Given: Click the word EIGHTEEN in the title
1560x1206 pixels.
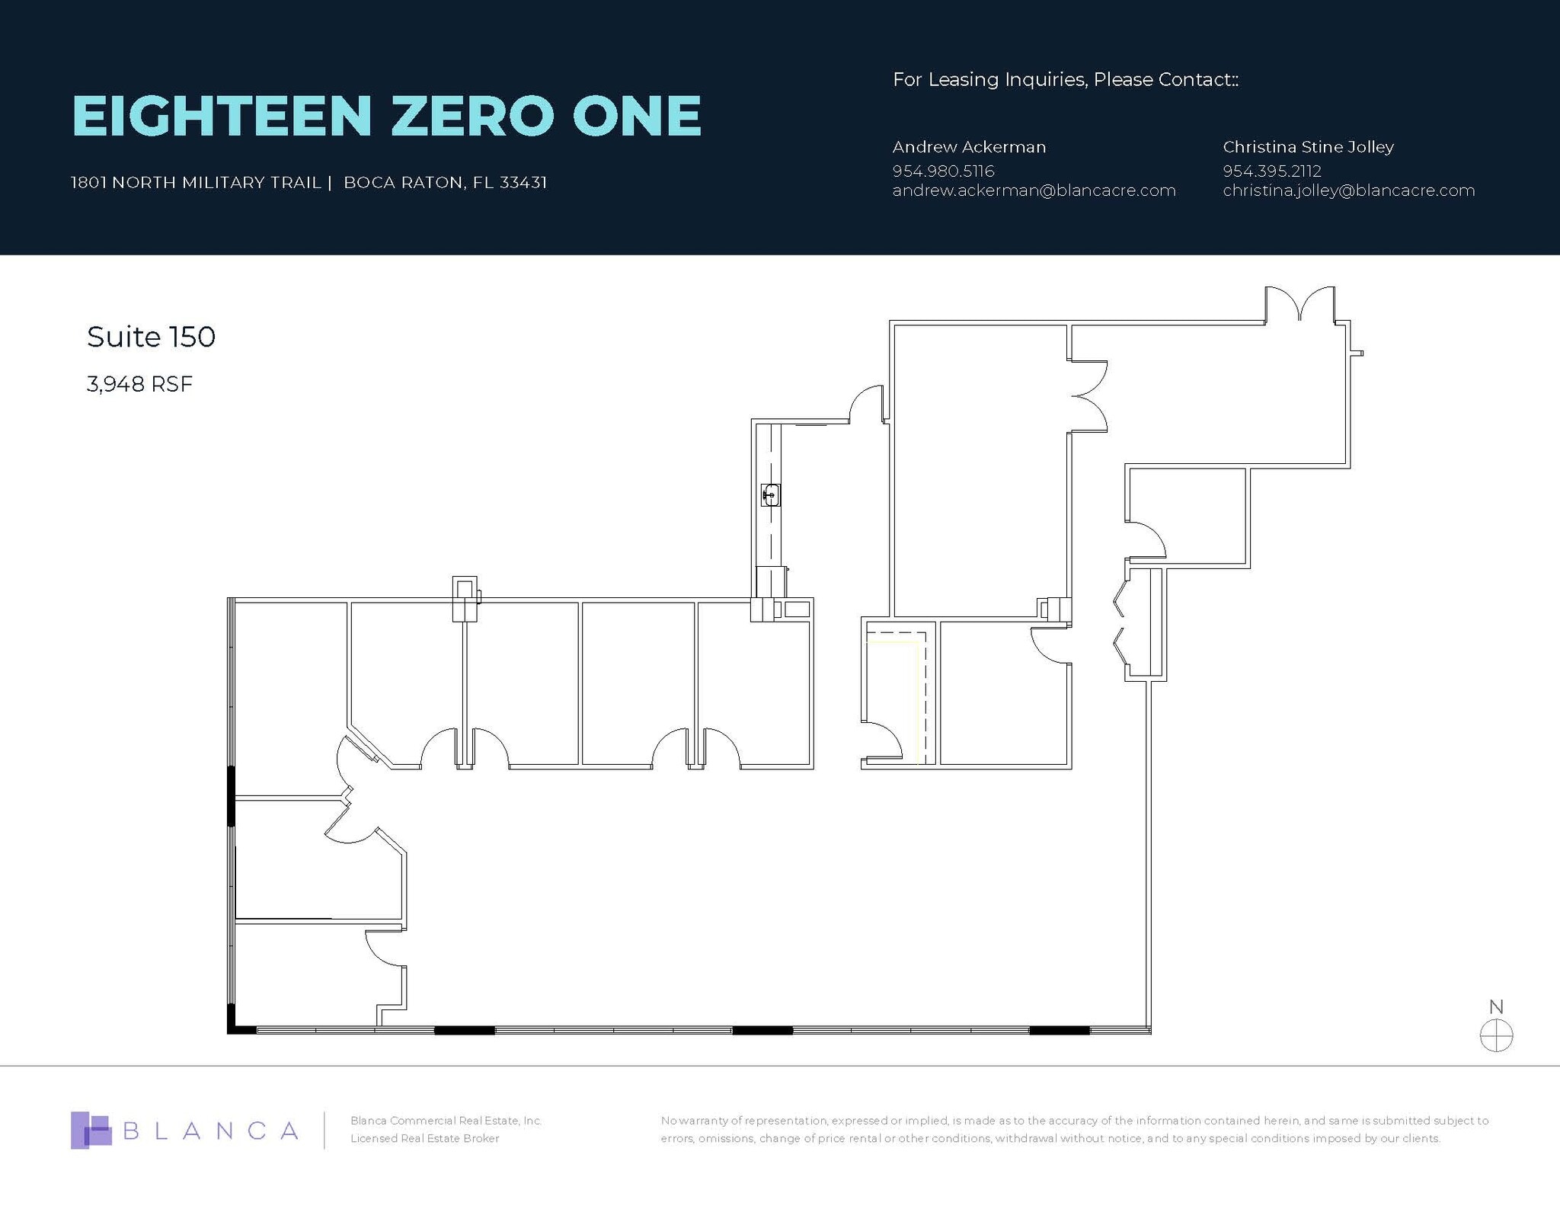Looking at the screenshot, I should click(x=222, y=116).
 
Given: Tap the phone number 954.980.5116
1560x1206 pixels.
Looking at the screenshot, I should click(x=943, y=171).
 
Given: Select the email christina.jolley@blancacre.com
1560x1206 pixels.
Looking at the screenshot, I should click(x=1348, y=190).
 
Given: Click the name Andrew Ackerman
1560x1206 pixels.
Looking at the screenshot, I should click(x=969, y=146).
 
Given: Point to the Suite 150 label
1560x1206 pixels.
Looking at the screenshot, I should click(x=151, y=337).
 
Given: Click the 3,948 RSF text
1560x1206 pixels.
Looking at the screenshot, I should click(x=139, y=384).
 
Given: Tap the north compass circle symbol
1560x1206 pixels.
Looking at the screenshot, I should click(x=1496, y=1036).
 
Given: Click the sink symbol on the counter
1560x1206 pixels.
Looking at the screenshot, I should click(x=771, y=495).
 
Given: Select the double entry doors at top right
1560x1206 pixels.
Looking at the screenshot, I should click(x=1299, y=306).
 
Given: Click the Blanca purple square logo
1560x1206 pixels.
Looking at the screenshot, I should click(x=90, y=1130).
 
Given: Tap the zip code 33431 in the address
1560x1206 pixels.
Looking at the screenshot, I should click(x=523, y=183).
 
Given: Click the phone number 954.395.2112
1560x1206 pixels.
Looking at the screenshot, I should click(x=1272, y=171).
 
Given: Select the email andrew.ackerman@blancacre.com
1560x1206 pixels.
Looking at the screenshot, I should click(x=1034, y=190).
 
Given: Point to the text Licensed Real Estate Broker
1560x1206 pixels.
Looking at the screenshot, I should click(x=424, y=1138).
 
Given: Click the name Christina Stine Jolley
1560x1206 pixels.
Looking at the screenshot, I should click(x=1308, y=146).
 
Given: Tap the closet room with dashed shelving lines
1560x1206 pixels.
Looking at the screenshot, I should click(x=895, y=693).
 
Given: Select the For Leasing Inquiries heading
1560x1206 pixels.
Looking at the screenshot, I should click(x=1065, y=79).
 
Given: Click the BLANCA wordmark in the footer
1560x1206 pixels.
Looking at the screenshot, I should click(x=210, y=1131).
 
